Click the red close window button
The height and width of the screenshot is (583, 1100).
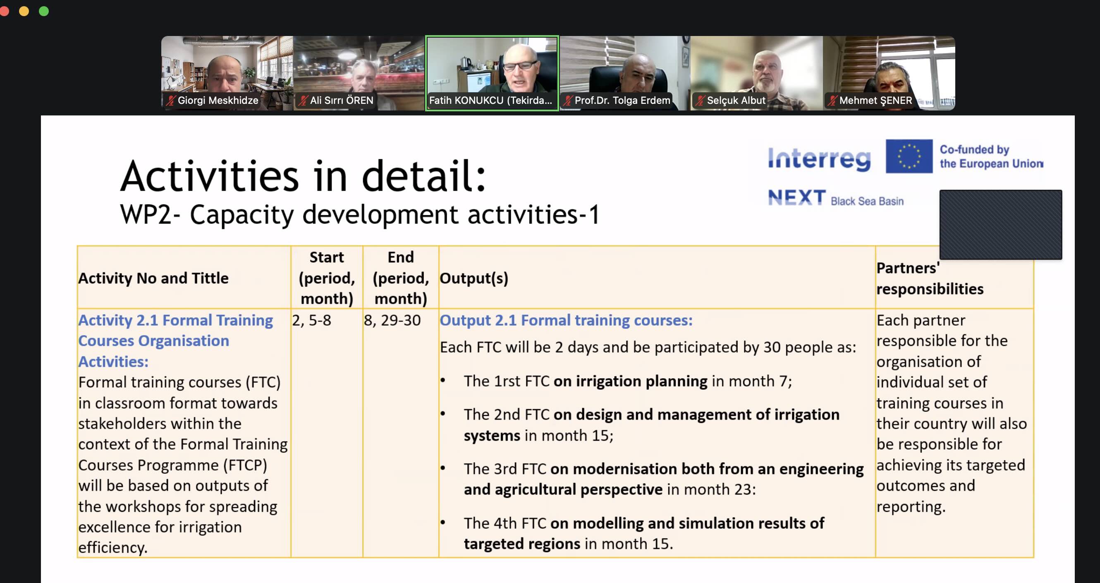click(x=4, y=11)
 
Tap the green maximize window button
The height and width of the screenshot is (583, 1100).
click(x=43, y=11)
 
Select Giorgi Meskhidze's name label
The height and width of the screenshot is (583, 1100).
click(x=218, y=101)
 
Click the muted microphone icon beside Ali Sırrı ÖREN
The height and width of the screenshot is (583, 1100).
click(x=303, y=101)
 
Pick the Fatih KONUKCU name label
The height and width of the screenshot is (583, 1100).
click(x=490, y=101)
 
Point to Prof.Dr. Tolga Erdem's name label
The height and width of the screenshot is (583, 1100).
click(x=622, y=101)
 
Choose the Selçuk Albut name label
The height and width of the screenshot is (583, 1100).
click(x=736, y=101)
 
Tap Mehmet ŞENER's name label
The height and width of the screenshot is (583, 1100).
click(x=875, y=101)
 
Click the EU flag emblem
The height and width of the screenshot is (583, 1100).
click(x=909, y=156)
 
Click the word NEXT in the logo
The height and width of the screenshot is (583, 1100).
click(x=796, y=197)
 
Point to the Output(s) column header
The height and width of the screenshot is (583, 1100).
click(x=474, y=278)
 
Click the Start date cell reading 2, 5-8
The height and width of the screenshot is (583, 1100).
click(x=311, y=320)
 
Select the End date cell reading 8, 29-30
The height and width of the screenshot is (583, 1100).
click(x=392, y=320)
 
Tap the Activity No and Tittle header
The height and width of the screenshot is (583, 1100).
click(x=153, y=278)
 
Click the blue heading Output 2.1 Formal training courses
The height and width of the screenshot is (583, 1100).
click(x=566, y=320)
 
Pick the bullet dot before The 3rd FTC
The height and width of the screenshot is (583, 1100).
click(x=443, y=468)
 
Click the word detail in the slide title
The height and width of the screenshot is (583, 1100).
click(x=424, y=176)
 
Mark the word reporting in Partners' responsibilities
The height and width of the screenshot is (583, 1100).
click(x=911, y=507)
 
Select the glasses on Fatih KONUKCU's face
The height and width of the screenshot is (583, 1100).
click(x=520, y=66)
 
